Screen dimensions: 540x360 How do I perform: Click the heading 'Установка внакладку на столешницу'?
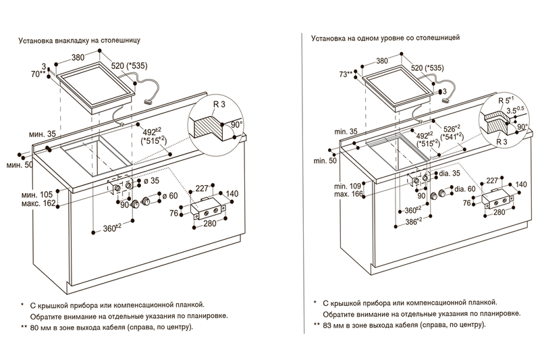(80, 41)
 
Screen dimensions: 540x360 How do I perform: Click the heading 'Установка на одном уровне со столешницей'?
(385, 38)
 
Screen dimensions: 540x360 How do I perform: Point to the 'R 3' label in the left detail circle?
(219, 103)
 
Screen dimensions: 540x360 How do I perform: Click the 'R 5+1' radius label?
(506, 100)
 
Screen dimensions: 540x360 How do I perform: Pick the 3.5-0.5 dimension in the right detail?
(515, 110)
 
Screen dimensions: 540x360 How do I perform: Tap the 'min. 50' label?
(325, 161)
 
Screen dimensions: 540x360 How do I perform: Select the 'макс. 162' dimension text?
(38, 203)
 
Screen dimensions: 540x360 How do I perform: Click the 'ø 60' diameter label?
(170, 196)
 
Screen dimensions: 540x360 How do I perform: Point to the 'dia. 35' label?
(450, 174)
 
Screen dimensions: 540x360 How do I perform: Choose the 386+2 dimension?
(414, 222)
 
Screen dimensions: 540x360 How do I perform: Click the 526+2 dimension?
(452, 129)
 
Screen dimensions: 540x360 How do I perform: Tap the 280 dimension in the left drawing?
(210, 224)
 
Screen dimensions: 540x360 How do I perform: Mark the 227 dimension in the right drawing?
(493, 180)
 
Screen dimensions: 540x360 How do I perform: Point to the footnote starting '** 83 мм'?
(400, 325)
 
